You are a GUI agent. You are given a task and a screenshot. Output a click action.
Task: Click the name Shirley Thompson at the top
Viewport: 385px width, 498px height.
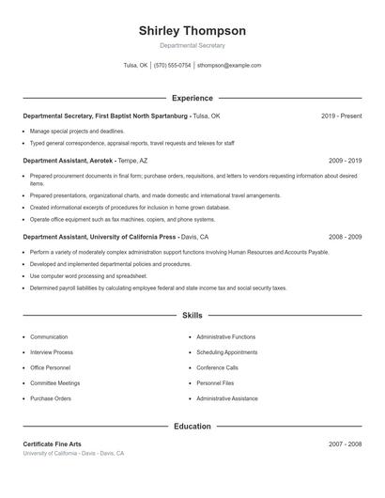click(x=192, y=30)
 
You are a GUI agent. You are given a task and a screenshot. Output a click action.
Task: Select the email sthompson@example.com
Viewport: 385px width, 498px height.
click(x=229, y=66)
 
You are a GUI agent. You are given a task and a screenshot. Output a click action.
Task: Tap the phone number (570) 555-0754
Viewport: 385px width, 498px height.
click(x=172, y=66)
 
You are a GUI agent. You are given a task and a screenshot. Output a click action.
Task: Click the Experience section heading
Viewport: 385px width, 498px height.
click(x=192, y=98)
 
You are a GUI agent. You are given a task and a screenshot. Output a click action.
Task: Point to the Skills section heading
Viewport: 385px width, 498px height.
click(x=192, y=316)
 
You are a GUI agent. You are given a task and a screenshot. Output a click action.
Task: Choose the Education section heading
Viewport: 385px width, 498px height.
click(x=192, y=426)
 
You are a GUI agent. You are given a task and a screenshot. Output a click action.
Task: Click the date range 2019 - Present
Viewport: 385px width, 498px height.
click(x=341, y=116)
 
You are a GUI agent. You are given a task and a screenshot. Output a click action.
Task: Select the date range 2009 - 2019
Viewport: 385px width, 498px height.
click(x=345, y=161)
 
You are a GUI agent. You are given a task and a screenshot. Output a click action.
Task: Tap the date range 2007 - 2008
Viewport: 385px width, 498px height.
click(x=345, y=444)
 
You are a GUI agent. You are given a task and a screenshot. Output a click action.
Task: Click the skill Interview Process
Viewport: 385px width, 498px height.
click(x=51, y=352)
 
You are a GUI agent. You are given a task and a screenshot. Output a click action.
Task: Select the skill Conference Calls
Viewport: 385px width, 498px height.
click(x=217, y=368)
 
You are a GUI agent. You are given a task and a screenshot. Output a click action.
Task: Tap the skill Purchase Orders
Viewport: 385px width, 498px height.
click(x=50, y=399)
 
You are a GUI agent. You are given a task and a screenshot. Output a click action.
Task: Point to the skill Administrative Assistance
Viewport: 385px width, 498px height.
click(x=226, y=399)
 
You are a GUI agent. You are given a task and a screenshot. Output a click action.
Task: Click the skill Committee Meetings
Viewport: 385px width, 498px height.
click(x=54, y=383)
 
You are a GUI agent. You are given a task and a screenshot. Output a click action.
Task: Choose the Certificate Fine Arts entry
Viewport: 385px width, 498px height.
click(x=54, y=444)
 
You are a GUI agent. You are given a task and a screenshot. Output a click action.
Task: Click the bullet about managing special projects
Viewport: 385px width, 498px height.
click(x=77, y=132)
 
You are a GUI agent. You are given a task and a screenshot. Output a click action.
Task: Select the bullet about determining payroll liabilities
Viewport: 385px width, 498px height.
click(x=158, y=288)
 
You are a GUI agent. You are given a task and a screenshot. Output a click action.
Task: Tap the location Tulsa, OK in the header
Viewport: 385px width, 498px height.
click(x=135, y=66)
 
